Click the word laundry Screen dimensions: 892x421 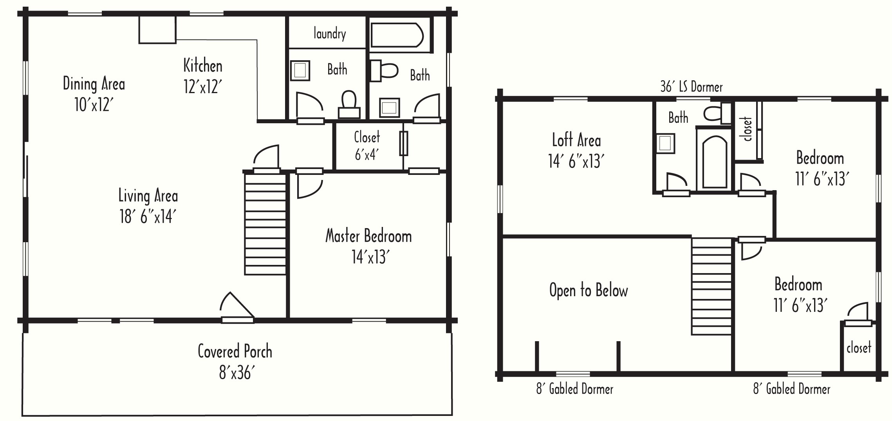tap(330, 34)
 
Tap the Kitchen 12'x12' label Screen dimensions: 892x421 tap(203, 76)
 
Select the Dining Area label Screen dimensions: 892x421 tap(94, 84)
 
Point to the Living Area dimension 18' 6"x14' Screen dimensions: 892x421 tap(146, 216)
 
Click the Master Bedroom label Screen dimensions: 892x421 tap(368, 236)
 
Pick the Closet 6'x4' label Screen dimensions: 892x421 tap(367, 146)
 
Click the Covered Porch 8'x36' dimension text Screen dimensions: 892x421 tap(235, 373)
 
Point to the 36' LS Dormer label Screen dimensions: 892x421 tap(692, 86)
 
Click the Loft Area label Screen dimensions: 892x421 tap(576, 140)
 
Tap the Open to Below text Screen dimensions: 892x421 tap(589, 290)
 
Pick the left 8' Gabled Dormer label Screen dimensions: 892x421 tap(574, 389)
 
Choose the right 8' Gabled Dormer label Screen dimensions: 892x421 tap(791, 389)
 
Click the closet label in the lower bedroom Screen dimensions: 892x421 tap(859, 347)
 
